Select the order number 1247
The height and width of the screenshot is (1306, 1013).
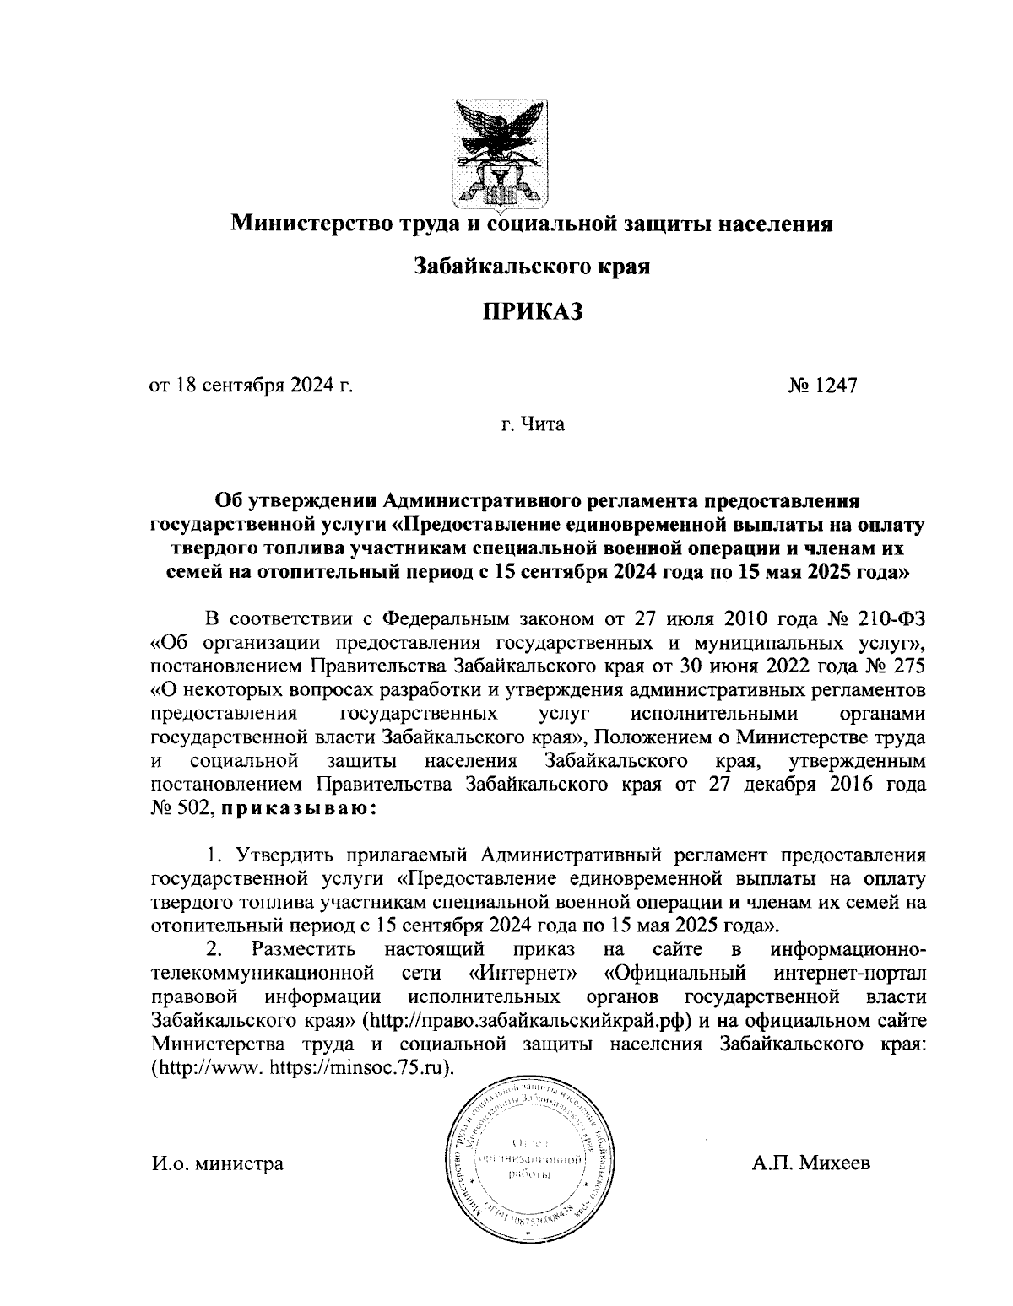pos(835,386)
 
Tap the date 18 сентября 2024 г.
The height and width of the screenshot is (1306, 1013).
pos(250,386)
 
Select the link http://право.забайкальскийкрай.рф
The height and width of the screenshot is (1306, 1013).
pos(528,1019)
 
